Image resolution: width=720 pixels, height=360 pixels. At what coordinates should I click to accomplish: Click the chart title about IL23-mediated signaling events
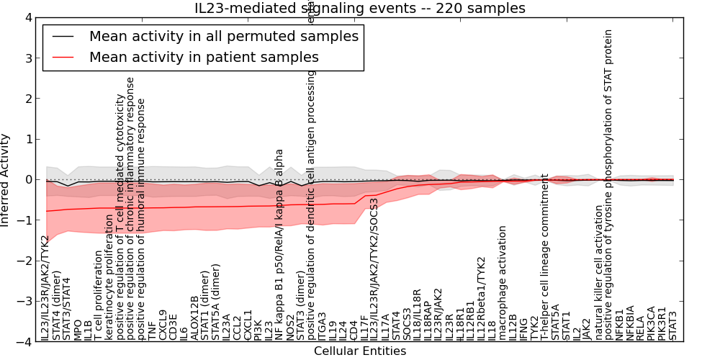pyautogui.click(x=360, y=9)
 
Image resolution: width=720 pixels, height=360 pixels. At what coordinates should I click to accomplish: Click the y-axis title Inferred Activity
pyautogui.click(x=6, y=180)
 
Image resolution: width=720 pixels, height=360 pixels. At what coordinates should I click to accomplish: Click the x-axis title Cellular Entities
pyautogui.click(x=360, y=351)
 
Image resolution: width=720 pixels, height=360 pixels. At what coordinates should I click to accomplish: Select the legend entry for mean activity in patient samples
pyautogui.click(x=204, y=57)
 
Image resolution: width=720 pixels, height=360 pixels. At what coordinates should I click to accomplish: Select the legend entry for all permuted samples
pyautogui.click(x=223, y=36)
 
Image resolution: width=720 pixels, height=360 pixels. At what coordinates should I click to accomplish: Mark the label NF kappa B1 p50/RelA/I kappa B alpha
pyautogui.click(x=280, y=245)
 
